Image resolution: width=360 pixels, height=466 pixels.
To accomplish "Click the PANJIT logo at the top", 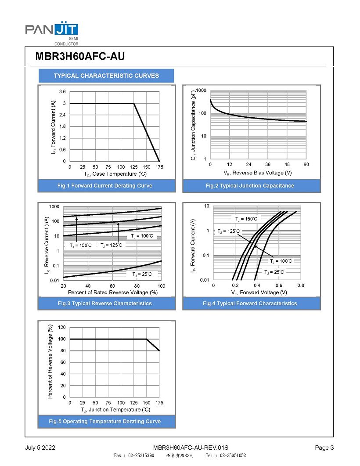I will point(51,31).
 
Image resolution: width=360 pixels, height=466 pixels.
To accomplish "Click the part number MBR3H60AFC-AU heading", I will point(80,57).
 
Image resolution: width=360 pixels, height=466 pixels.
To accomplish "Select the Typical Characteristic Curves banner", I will point(106,76).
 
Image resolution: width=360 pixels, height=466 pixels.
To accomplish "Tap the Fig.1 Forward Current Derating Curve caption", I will point(105,186).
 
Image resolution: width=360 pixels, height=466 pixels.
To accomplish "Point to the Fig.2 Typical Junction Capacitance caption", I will point(250,186).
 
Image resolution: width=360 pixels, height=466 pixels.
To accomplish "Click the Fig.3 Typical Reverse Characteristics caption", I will point(105,303).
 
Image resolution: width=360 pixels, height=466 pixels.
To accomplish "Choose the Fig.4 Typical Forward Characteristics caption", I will point(250,303).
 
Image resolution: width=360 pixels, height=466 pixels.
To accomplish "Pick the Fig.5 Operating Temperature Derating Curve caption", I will point(105,422).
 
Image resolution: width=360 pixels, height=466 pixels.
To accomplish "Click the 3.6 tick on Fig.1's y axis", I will point(63,92).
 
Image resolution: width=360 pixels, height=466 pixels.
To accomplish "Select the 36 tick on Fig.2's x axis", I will point(268,164).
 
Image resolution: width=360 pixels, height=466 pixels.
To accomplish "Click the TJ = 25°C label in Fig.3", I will point(142,274).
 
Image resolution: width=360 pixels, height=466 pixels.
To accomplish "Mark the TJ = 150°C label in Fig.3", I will point(81,245).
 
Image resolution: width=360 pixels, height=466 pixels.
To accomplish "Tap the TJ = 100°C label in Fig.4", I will point(281,261).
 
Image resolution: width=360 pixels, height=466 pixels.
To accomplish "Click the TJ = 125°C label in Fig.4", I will point(229,231).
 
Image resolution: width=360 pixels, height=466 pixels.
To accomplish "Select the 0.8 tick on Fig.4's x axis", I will point(300,285).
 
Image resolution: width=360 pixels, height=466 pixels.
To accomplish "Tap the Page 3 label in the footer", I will point(324,448).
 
